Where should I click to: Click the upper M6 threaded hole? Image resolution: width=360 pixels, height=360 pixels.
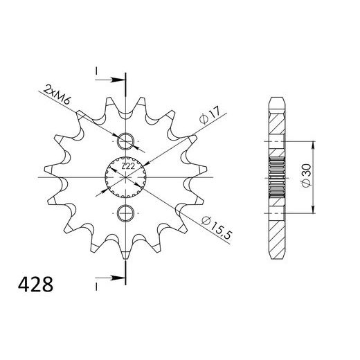click(125, 141)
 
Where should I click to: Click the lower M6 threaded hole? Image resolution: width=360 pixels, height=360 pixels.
click(125, 212)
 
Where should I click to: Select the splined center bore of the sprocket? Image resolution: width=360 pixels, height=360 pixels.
click(125, 177)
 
